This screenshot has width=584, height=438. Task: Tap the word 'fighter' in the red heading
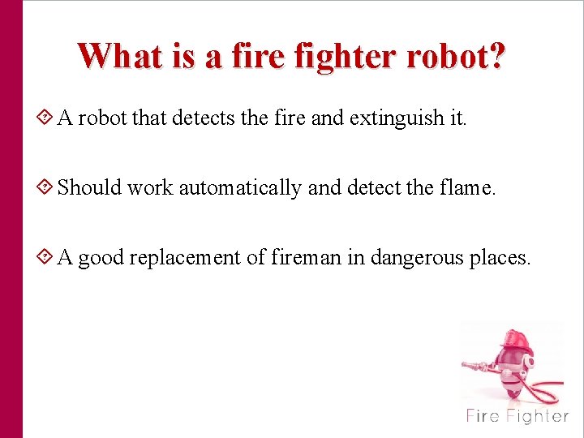tap(338, 56)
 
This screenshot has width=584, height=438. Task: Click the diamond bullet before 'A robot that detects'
tap(46, 118)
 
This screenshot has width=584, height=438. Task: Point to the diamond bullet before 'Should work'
tap(46, 187)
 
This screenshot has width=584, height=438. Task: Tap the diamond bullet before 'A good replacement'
tap(46, 257)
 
